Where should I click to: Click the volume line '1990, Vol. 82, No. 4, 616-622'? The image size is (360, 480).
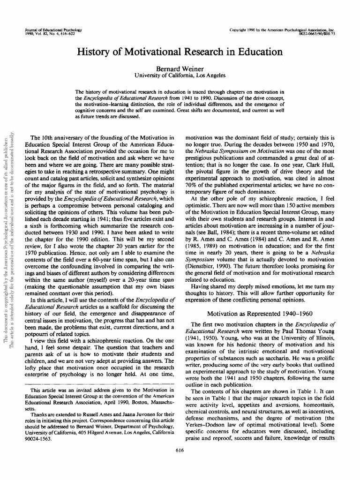coord(52,34)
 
